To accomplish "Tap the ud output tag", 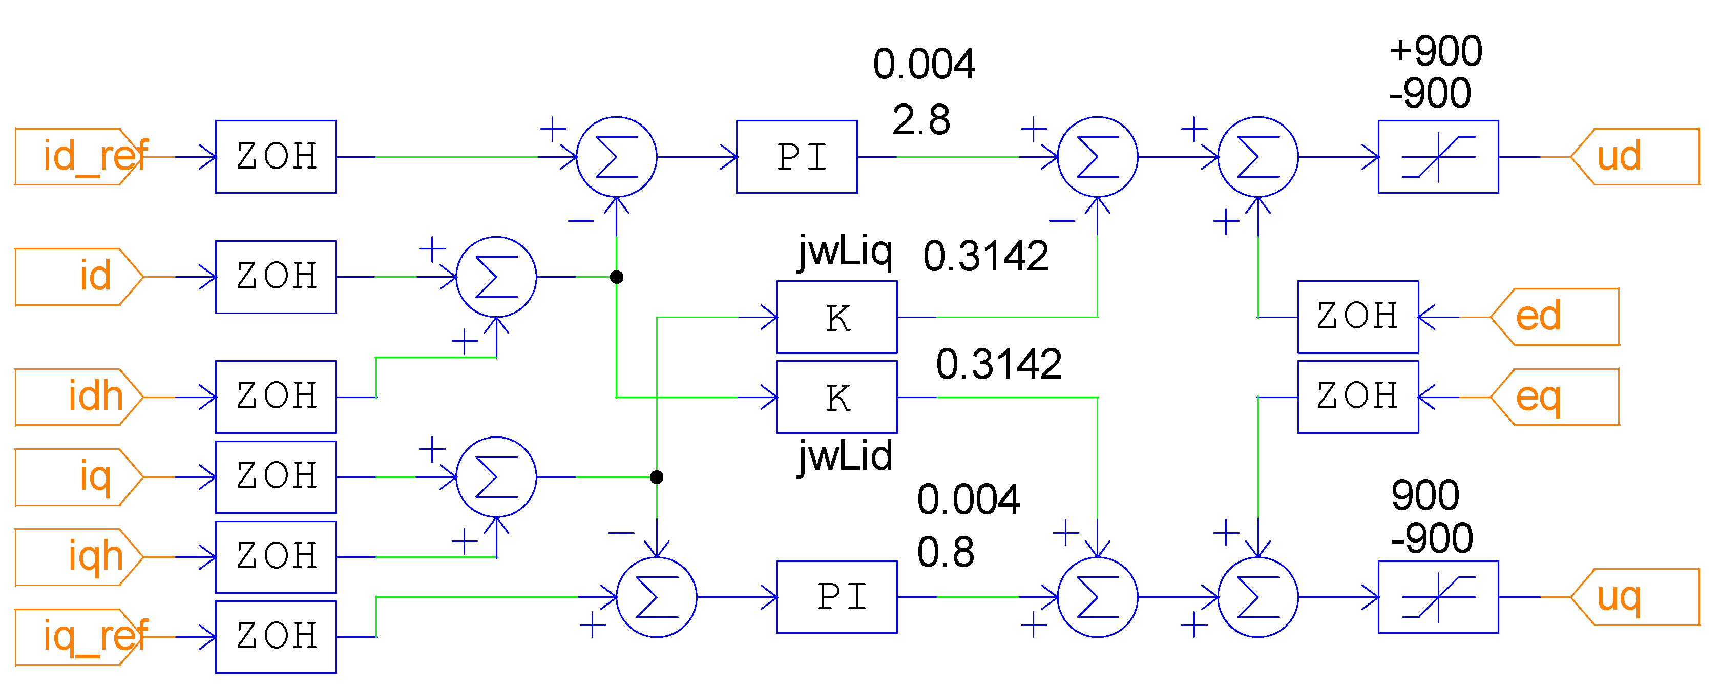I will (1633, 156).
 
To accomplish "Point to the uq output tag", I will (1633, 597).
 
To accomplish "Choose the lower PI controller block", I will (836, 597).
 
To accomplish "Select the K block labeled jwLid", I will (836, 397).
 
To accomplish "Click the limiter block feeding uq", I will (1438, 597).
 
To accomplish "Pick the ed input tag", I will (1554, 317).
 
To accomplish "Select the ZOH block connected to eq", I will (1357, 397).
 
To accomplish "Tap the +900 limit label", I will (1435, 51).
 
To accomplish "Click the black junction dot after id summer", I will (617, 277).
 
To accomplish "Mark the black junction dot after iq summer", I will (657, 477).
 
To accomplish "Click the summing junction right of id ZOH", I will (496, 277).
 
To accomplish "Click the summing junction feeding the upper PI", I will (616, 157).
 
